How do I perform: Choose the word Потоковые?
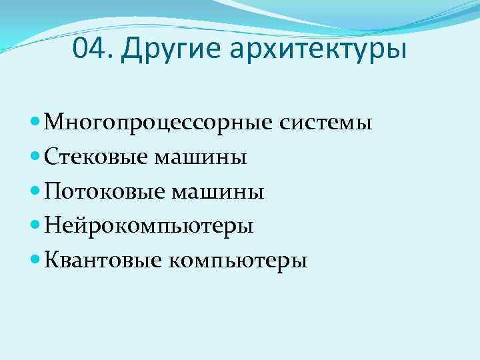pyautogui.click(x=105, y=192)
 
